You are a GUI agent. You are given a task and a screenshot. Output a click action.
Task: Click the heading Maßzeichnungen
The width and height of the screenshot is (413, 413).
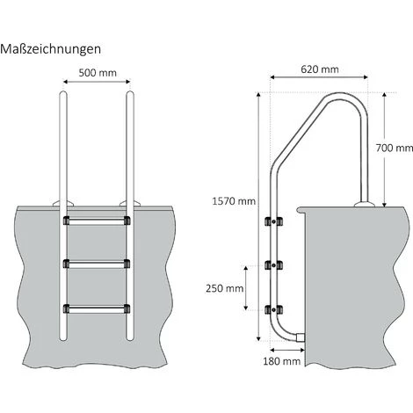click(51, 49)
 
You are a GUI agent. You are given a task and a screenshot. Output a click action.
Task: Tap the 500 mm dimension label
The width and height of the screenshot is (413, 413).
click(98, 74)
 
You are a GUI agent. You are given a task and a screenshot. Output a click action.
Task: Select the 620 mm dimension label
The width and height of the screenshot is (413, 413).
click(318, 69)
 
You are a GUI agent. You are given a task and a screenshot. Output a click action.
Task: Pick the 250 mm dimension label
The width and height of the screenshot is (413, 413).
click(224, 287)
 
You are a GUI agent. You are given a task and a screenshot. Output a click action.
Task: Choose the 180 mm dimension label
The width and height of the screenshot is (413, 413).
click(281, 360)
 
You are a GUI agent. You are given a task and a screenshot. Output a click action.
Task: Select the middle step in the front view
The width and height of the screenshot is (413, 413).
click(98, 263)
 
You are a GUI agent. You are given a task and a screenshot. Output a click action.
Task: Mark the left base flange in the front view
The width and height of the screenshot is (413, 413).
click(65, 206)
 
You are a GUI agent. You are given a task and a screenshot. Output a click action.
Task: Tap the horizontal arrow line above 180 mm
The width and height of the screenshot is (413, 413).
click(281, 349)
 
